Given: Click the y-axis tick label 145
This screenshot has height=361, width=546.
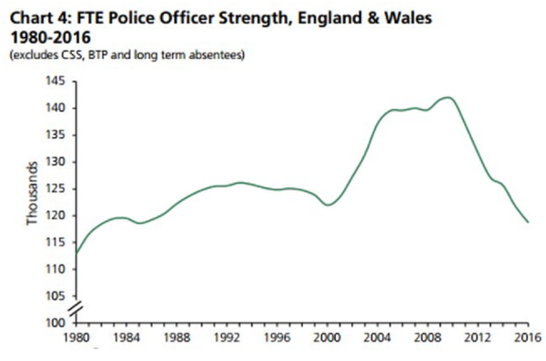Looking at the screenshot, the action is point(56,82).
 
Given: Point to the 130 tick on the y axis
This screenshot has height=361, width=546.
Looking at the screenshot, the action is point(56,162).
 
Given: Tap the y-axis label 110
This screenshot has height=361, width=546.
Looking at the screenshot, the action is point(56,269).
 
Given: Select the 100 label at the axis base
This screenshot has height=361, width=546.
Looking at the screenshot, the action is point(56,323).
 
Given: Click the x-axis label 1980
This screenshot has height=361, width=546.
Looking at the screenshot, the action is point(76,337).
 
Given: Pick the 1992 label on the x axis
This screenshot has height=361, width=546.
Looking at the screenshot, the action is point(227,337).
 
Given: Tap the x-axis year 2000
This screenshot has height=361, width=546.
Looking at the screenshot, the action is point(328,337).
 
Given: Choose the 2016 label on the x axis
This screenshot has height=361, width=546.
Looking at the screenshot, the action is point(528,337).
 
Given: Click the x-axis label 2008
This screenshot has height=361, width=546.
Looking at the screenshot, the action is point(428,337).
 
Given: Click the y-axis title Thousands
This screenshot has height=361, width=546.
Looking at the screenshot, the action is point(32,194).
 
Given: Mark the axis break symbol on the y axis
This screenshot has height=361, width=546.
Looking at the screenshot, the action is point(76,309).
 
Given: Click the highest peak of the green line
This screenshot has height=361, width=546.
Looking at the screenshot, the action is point(448,97).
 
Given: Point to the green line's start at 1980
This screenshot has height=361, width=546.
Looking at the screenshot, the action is point(76,253).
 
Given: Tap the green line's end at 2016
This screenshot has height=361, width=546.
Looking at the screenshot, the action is point(528,222).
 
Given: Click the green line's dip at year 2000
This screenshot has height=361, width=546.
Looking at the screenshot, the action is point(328,205).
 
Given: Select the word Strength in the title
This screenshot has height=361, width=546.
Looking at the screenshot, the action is point(255,18).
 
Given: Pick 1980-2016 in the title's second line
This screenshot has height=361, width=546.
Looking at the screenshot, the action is point(50,37).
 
